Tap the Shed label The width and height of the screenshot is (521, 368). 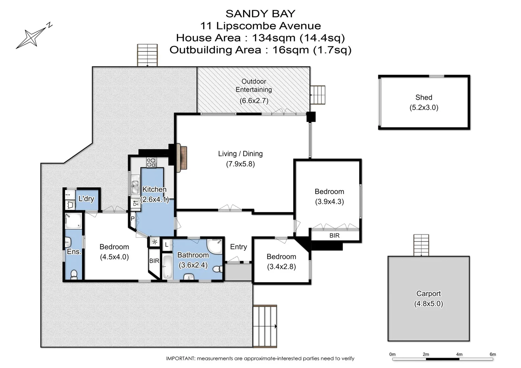click(423, 97)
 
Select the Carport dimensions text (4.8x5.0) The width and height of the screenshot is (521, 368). click(428, 304)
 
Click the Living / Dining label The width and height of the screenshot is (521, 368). click(240, 154)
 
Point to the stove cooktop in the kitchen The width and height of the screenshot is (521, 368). click(151, 163)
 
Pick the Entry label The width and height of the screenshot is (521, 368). click(238, 247)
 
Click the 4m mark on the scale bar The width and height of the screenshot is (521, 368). click(459, 354)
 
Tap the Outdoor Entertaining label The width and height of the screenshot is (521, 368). click(254, 86)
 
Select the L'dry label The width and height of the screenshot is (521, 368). click(86, 199)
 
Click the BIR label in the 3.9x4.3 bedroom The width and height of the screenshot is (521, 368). click(334, 235)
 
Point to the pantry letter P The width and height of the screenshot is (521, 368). click(132, 219)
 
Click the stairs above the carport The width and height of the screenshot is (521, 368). click(421, 245)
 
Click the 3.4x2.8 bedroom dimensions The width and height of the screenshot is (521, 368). click(281, 266)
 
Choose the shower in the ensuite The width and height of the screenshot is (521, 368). click(73, 221)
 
